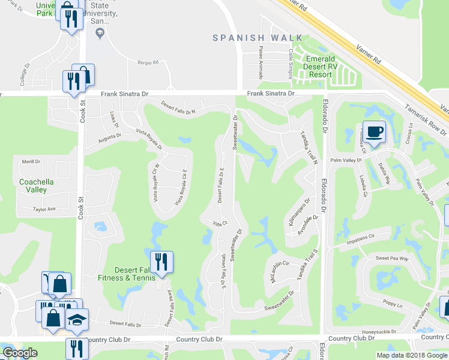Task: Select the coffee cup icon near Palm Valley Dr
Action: tap(374, 131)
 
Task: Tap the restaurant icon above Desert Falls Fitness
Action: tap(161, 262)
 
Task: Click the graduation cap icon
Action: tap(77, 320)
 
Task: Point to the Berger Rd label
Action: tap(148, 62)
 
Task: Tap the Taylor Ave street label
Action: tap(44, 209)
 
